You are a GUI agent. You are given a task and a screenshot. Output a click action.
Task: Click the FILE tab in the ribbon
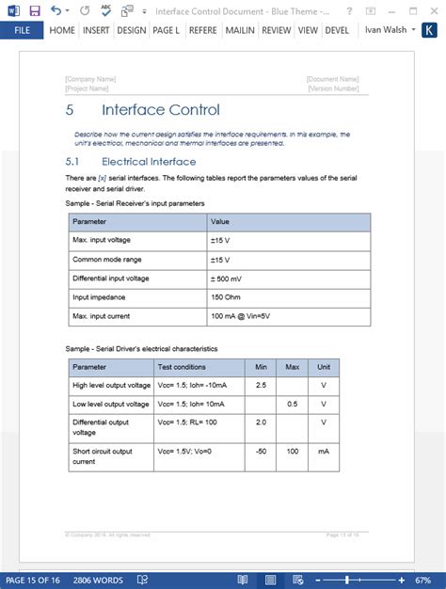click(x=21, y=30)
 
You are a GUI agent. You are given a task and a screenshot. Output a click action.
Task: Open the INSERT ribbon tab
click(x=95, y=30)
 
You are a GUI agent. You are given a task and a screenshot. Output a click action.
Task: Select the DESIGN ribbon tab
click(x=132, y=30)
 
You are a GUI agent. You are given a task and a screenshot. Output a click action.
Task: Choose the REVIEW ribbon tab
click(x=276, y=30)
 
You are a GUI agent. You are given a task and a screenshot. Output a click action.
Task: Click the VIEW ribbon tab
click(x=308, y=30)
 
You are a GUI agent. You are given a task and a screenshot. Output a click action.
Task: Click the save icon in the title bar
click(x=35, y=10)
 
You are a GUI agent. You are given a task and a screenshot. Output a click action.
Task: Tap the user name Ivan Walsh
click(x=385, y=30)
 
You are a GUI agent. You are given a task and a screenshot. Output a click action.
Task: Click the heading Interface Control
click(x=160, y=110)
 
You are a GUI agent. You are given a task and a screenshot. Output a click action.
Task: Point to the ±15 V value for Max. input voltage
click(x=221, y=240)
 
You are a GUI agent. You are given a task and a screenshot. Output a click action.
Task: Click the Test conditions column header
click(x=183, y=366)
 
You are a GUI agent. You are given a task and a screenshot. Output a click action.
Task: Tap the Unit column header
click(x=323, y=366)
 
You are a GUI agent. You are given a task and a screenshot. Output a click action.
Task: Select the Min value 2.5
click(x=260, y=385)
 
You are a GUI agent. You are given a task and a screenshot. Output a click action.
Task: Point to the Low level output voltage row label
click(x=111, y=404)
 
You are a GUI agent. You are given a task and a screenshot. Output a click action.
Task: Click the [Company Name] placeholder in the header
click(x=89, y=80)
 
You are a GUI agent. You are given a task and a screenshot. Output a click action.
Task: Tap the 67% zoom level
click(x=422, y=580)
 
